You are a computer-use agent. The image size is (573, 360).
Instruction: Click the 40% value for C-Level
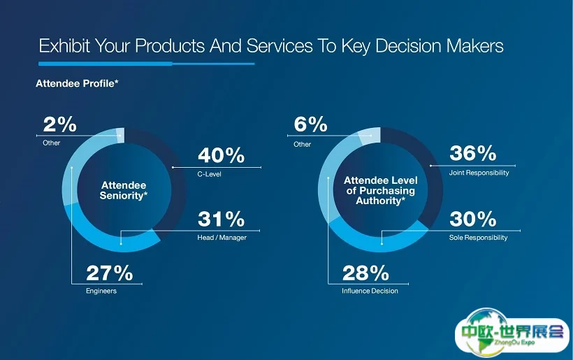pyautogui.click(x=222, y=155)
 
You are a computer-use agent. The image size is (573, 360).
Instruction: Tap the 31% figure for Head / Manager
pyautogui.click(x=222, y=219)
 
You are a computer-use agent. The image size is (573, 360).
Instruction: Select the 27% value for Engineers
pyautogui.click(x=110, y=272)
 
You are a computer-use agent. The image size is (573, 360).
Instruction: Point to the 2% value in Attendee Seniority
pyautogui.click(x=60, y=124)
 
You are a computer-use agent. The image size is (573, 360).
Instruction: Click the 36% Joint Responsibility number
pyautogui.click(x=473, y=153)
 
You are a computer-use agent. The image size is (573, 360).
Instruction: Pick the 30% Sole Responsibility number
pyautogui.click(x=473, y=219)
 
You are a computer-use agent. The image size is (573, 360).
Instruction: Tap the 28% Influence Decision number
pyautogui.click(x=365, y=272)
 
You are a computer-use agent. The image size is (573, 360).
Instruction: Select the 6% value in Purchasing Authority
pyautogui.click(x=311, y=124)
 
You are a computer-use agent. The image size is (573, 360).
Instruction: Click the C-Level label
pyautogui.click(x=210, y=174)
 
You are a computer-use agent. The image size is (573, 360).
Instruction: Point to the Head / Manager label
pyautogui.click(x=222, y=238)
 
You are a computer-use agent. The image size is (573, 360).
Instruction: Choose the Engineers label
pyautogui.click(x=101, y=291)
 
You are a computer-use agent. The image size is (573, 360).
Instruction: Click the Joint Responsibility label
pyautogui.click(x=479, y=173)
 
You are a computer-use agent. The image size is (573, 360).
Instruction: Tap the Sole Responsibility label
pyautogui.click(x=479, y=238)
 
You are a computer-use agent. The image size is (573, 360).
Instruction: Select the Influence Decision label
pyautogui.click(x=370, y=291)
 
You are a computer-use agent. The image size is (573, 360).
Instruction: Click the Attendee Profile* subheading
pyautogui.click(x=77, y=83)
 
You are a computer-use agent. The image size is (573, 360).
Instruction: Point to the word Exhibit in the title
pyautogui.click(x=64, y=47)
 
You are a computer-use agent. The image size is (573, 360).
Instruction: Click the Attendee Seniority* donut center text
pyautogui.click(x=124, y=189)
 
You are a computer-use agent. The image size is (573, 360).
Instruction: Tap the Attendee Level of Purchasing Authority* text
pyautogui.click(x=379, y=190)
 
